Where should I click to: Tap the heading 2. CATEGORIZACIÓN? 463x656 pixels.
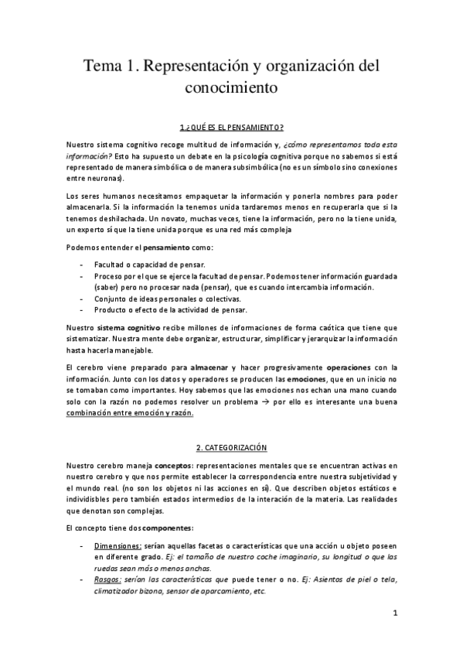pyautogui.click(x=231, y=447)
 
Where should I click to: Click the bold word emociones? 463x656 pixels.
pyautogui.click(x=289, y=380)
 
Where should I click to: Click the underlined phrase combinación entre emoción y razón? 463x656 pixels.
pyautogui.click(x=129, y=413)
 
